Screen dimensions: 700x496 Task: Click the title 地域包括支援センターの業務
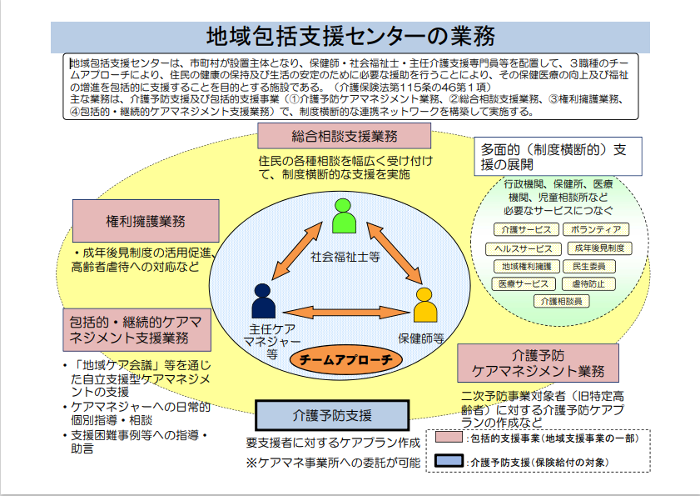coord(350,36)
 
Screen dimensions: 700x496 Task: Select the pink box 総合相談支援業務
coord(345,136)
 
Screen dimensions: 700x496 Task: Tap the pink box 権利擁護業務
coord(146,221)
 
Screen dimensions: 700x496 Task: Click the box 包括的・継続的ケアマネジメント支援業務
coord(137,329)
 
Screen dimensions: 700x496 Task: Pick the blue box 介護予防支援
coord(332,415)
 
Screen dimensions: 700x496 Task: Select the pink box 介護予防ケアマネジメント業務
coord(538,363)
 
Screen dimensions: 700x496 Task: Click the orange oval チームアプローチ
coord(346,359)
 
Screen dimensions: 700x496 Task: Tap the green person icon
coord(344,216)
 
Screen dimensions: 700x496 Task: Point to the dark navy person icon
coord(263,301)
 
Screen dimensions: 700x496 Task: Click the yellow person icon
coord(424,305)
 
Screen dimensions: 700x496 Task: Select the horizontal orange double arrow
coord(346,312)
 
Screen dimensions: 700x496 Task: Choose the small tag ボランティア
coord(595,229)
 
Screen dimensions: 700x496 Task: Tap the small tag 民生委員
coord(588,267)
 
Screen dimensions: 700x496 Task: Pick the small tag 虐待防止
coord(588,283)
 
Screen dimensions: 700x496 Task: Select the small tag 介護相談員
coord(561,301)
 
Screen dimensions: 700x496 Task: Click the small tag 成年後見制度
coord(599,248)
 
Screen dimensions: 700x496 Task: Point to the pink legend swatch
coord(449,437)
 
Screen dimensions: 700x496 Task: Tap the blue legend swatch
coord(449,461)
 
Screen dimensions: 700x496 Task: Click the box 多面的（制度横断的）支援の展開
coord(558,156)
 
